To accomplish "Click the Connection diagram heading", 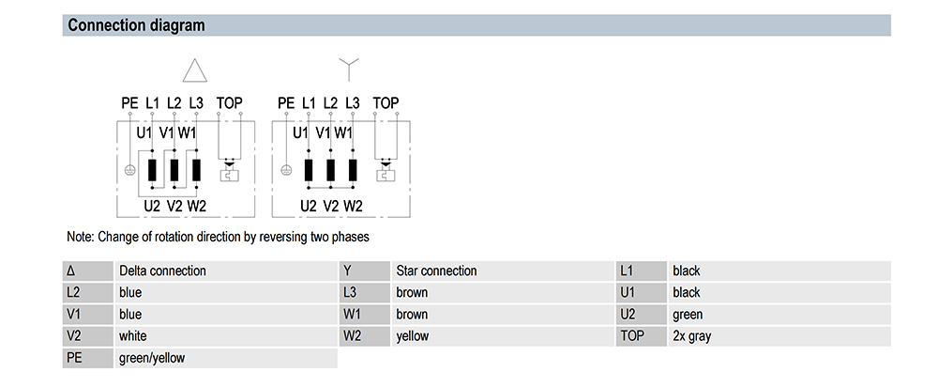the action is click(136, 25).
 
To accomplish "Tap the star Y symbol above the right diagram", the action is click(348, 69).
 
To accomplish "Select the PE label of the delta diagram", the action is click(129, 103).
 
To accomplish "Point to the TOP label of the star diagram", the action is click(386, 103).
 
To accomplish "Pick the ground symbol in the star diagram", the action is click(286, 170).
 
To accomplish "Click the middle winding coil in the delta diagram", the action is click(174, 170).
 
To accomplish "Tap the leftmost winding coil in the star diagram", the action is click(309, 170).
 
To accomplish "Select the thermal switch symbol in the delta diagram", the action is click(229, 172).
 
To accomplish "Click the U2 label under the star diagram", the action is click(308, 206).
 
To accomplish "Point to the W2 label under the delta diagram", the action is click(197, 206).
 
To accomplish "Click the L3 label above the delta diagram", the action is click(196, 103).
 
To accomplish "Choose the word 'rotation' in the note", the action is click(159, 237).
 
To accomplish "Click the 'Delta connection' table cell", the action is click(162, 271).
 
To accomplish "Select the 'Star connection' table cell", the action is click(437, 271).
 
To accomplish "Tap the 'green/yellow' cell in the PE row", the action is click(152, 358).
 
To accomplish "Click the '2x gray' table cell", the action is click(692, 336).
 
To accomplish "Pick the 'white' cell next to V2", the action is click(133, 336).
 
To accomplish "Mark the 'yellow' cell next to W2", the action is click(412, 336).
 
